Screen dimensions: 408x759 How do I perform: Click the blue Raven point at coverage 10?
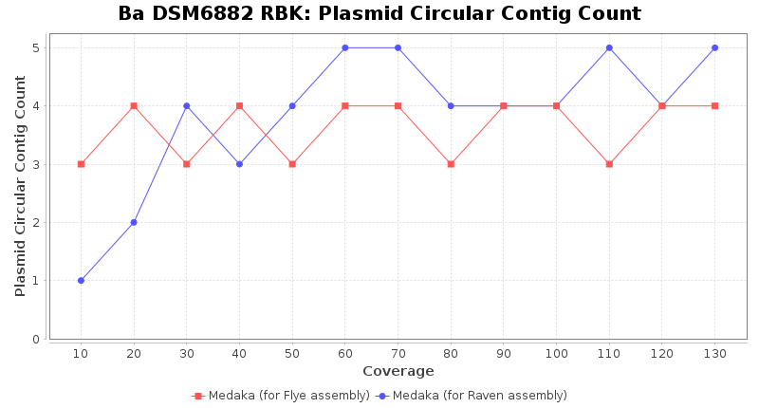tap(81, 281)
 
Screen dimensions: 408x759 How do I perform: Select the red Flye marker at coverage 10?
tap(81, 164)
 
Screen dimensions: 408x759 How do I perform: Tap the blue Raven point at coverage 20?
tap(134, 222)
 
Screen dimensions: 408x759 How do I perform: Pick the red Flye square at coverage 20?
tap(134, 105)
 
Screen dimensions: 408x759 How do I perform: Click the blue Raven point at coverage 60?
tap(344, 47)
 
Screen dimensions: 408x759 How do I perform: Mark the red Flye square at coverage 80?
tap(451, 164)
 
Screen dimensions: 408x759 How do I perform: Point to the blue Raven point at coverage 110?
tap(609, 47)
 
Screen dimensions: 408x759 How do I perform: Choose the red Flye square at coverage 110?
tap(609, 164)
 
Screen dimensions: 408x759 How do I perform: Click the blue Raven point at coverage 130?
tap(714, 47)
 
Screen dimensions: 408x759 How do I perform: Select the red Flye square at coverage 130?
tap(714, 105)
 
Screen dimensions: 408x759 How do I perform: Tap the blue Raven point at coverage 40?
tap(239, 164)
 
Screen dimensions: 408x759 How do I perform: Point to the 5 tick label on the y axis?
tap(36, 47)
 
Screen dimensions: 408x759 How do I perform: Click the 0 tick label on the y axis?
tap(36, 339)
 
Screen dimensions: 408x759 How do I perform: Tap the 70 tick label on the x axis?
tap(398, 353)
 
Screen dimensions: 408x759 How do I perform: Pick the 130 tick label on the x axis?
tap(714, 353)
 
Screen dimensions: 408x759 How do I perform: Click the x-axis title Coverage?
tap(398, 371)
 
